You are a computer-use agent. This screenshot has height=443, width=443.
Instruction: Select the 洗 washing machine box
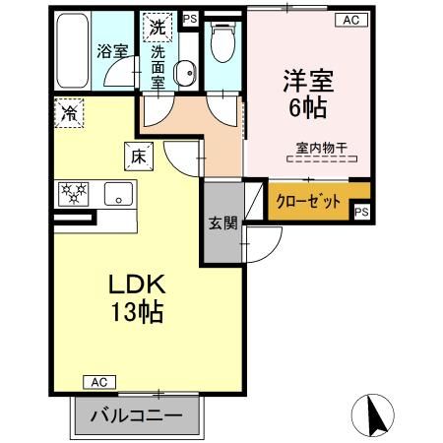pos(157,25)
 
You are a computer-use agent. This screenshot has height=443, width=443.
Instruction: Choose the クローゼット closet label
pos(309,200)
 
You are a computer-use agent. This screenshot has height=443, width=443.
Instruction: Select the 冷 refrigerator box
pos(70,112)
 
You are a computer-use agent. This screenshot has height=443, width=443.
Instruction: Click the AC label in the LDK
pos(98,381)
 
